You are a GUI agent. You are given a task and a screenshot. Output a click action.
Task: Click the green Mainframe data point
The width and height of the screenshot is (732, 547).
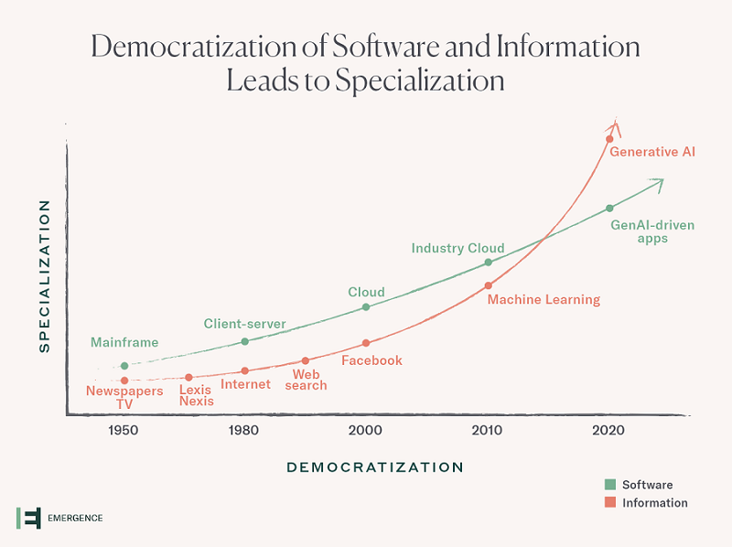pyautogui.click(x=124, y=366)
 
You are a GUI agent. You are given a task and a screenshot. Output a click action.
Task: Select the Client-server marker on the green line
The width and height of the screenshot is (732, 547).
pyautogui.click(x=244, y=341)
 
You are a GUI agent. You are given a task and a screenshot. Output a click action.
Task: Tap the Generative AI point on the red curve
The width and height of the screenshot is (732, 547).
pyautogui.click(x=608, y=139)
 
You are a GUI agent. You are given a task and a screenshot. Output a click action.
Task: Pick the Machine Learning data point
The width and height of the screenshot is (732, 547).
pyautogui.click(x=488, y=285)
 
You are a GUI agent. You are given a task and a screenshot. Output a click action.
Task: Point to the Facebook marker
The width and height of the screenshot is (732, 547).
pyautogui.click(x=366, y=343)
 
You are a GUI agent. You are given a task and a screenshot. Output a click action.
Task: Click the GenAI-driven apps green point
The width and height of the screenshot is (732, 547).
pyautogui.click(x=609, y=209)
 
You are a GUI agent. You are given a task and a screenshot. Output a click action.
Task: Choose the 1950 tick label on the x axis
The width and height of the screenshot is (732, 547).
pyautogui.click(x=124, y=430)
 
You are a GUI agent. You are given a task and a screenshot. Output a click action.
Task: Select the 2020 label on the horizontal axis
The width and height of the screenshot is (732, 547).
pyautogui.click(x=608, y=430)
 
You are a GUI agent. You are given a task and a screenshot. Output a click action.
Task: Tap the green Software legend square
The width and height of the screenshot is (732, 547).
pyautogui.click(x=609, y=484)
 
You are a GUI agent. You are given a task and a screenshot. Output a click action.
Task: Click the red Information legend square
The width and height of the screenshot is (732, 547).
pyautogui.click(x=609, y=502)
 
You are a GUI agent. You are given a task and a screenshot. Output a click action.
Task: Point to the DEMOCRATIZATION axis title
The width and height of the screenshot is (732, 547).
pyautogui.click(x=375, y=467)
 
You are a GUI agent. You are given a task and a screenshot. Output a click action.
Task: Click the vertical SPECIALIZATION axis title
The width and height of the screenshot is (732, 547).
pyautogui.click(x=43, y=276)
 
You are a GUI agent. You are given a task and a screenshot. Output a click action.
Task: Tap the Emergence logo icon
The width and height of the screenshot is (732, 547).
pyautogui.click(x=28, y=518)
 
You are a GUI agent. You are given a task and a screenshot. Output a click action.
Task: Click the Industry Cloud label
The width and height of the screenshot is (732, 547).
pyautogui.click(x=457, y=248)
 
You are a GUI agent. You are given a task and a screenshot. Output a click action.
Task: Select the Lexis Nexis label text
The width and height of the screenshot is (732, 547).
pyautogui.click(x=196, y=395)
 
